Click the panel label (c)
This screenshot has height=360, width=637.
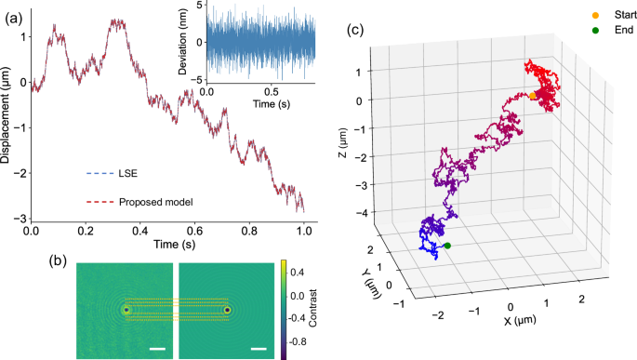coord(354,29)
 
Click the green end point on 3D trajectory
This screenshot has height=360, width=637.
coord(447,246)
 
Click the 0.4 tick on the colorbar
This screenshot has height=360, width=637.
coord(292,274)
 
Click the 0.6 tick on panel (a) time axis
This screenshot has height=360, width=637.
coord(194,230)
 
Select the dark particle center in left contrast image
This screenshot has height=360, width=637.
coord(126,310)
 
